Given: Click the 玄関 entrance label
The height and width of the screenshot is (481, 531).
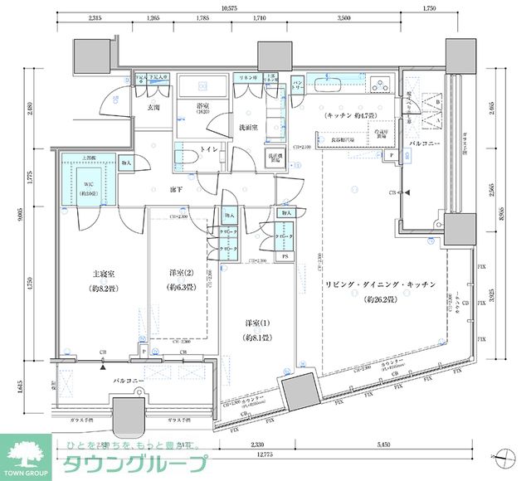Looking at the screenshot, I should tap(153, 107).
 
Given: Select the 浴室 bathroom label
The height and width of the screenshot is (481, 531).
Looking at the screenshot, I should tap(202, 107).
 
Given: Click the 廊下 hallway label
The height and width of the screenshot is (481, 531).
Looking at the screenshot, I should tap(176, 190).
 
